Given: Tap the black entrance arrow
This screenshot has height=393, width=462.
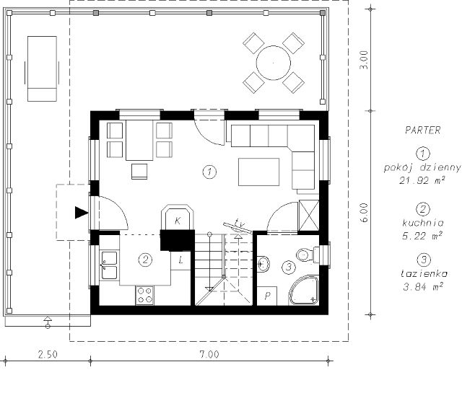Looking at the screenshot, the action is tap(82, 213).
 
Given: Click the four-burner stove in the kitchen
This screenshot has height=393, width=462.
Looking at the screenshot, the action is tap(144, 295).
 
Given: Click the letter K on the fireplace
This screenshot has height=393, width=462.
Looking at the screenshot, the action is tap(178, 221).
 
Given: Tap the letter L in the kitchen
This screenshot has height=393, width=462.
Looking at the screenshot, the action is tap(181, 260).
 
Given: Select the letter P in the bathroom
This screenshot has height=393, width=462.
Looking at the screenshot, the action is tap(268, 296).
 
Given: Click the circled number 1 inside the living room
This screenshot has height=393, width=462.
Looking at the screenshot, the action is tap(209, 172).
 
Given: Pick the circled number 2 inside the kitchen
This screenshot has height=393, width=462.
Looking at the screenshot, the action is tap(145, 260).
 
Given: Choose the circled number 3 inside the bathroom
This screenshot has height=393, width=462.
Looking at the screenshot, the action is tap(289, 267).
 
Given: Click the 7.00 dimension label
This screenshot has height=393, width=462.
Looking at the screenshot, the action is tap(209, 354).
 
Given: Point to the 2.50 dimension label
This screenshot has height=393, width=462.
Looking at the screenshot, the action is tap(48, 354).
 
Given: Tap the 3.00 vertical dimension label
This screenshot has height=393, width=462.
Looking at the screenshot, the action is tap(364, 60).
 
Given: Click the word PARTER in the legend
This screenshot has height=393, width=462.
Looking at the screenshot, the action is tap(423, 130).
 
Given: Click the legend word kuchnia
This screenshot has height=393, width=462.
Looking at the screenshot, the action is tap(423, 223).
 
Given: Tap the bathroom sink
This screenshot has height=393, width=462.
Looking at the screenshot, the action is tap(263, 263).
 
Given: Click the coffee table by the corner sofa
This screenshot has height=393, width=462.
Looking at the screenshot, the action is tap(258, 172).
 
